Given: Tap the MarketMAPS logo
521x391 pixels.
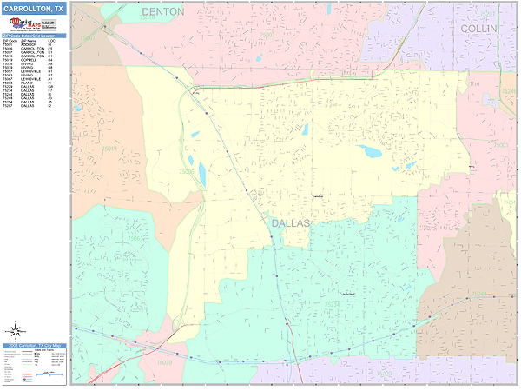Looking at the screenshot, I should pyautogui.click(x=20, y=24).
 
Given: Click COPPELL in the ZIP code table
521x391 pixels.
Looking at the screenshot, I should pyautogui.click(x=27, y=60).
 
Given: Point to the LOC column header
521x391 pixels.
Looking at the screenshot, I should pyautogui.click(x=51, y=41).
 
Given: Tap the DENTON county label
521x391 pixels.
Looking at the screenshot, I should pyautogui.click(x=163, y=12).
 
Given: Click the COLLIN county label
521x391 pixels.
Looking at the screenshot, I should pyautogui.click(x=478, y=29).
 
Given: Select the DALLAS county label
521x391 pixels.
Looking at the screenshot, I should pyautogui.click(x=290, y=223).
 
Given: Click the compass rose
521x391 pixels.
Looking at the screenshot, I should pyautogui.click(x=15, y=331).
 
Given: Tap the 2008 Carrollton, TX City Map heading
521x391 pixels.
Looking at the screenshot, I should pyautogui.click(x=33, y=346).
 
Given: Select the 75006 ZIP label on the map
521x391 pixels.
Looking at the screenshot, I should pyautogui.click(x=187, y=172).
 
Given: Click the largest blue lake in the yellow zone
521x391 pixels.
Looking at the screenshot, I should pyautogui.click(x=371, y=151).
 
